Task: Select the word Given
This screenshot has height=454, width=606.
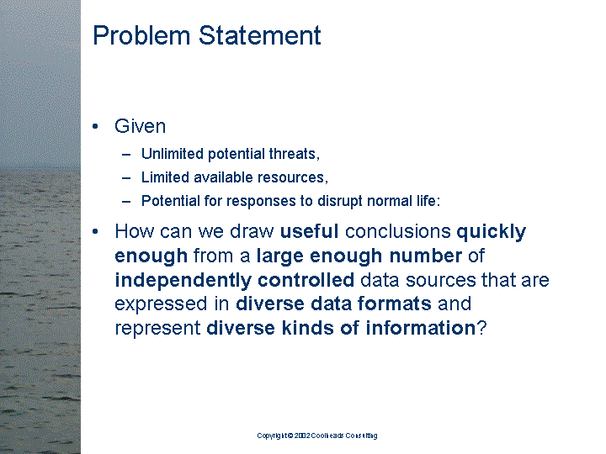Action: coord(140,126)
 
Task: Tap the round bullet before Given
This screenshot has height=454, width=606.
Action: coord(98,127)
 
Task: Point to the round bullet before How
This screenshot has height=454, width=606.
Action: coord(98,231)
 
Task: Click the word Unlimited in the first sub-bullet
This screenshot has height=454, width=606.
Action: coord(169,154)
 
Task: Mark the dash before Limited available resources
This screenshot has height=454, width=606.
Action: coord(126,177)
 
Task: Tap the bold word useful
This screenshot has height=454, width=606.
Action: coord(310,231)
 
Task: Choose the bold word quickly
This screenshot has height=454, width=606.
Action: coord(491,231)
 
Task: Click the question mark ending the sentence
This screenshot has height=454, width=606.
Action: coord(481,328)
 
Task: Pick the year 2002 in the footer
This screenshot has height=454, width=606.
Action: coord(302,436)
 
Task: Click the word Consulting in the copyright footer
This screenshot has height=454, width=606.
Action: coord(360,436)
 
